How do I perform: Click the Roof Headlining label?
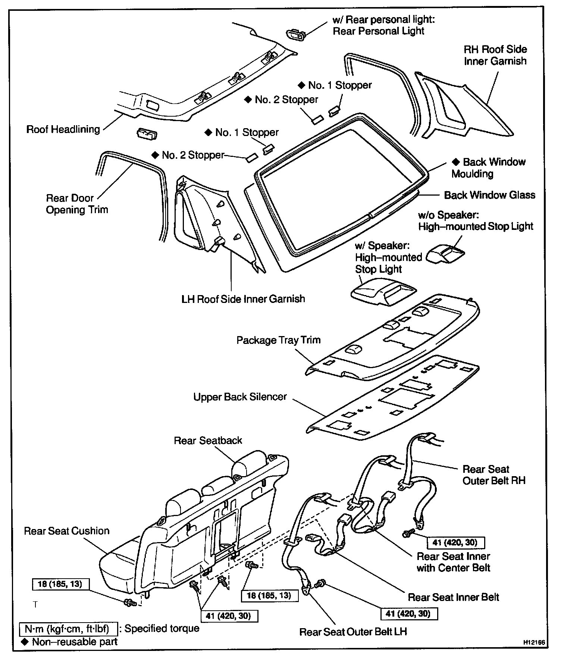coord(63,130)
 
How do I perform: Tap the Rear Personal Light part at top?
coord(295,35)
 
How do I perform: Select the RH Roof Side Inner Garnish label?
coord(495,55)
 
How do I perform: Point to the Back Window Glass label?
coord(489,195)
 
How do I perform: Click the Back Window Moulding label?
coord(488,168)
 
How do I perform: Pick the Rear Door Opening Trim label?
coord(77,204)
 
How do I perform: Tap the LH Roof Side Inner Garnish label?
coord(243,299)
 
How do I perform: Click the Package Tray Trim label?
coord(278,340)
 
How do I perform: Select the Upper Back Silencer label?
coord(240,397)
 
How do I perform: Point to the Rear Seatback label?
coord(208,441)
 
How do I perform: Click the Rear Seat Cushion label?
coord(67,531)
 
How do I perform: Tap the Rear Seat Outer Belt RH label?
coord(493,475)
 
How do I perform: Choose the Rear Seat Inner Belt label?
coord(453,597)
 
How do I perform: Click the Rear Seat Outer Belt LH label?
coord(353,632)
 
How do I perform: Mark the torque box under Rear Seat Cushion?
coord(61,584)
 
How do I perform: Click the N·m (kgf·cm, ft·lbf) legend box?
coord(67,629)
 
